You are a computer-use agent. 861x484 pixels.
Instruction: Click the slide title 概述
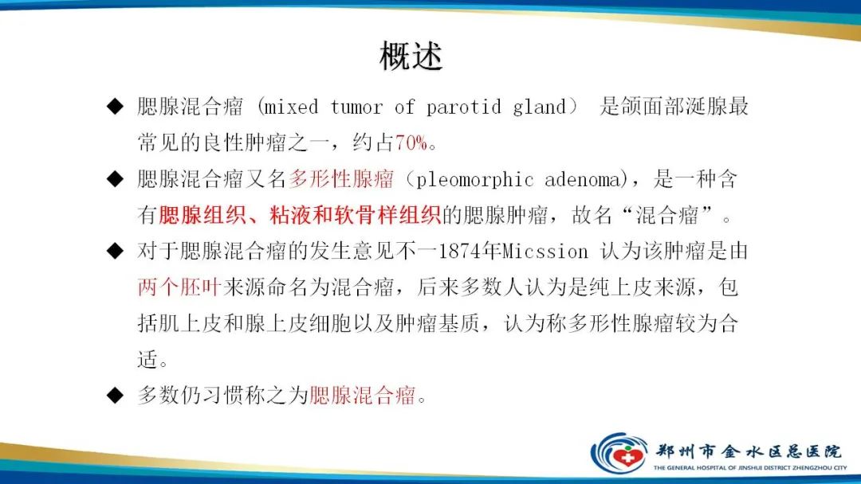tap(411, 56)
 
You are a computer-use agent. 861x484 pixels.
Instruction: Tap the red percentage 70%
tap(411, 142)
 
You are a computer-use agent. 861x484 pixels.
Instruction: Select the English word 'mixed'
tap(290, 107)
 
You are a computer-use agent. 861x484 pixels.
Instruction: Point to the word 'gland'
tap(539, 107)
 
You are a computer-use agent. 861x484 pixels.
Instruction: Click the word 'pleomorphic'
tap(474, 180)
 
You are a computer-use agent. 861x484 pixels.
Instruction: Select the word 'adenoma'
tap(583, 179)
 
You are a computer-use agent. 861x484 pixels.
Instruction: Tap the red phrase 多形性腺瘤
tap(341, 179)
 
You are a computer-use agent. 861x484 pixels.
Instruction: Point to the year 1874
tap(460, 252)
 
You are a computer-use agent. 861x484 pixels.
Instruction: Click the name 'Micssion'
tap(545, 252)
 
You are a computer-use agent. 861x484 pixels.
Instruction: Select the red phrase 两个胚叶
tap(179, 287)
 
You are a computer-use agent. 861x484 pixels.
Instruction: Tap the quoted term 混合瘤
tap(666, 215)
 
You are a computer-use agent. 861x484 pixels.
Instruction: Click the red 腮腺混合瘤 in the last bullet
tap(363, 395)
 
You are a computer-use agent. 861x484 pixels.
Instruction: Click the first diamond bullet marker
tap(116, 107)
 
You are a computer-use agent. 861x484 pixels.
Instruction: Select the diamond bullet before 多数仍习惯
tap(116, 395)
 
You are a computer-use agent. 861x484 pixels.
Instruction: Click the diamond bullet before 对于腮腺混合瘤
tap(116, 251)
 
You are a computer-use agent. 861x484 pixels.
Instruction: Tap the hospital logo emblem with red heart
tap(619, 454)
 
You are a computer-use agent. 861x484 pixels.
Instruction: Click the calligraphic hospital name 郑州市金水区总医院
tap(748, 451)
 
